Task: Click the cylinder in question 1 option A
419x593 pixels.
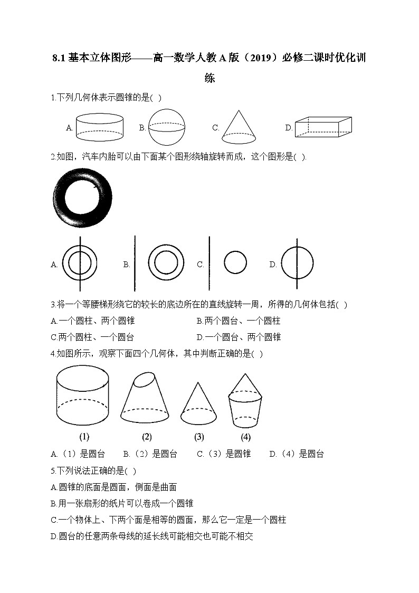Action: [x=100, y=127]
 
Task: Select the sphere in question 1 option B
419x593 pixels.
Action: [x=167, y=127]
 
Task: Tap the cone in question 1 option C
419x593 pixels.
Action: [x=239, y=127]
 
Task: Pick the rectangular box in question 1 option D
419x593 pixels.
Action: [x=323, y=127]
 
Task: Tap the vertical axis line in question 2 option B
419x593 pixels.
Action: [x=135, y=263]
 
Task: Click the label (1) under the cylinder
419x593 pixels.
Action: [x=84, y=437]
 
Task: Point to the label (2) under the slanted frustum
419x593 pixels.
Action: [x=147, y=437]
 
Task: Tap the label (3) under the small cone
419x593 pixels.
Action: [x=199, y=437]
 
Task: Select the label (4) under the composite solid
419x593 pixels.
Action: [x=245, y=437]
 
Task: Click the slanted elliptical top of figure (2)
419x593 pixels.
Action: [x=145, y=380]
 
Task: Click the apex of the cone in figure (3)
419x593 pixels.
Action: [x=198, y=382]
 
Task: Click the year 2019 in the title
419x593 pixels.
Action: [x=261, y=58]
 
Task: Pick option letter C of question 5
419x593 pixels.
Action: [x=54, y=520]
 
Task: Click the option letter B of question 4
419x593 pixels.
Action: [x=126, y=454]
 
